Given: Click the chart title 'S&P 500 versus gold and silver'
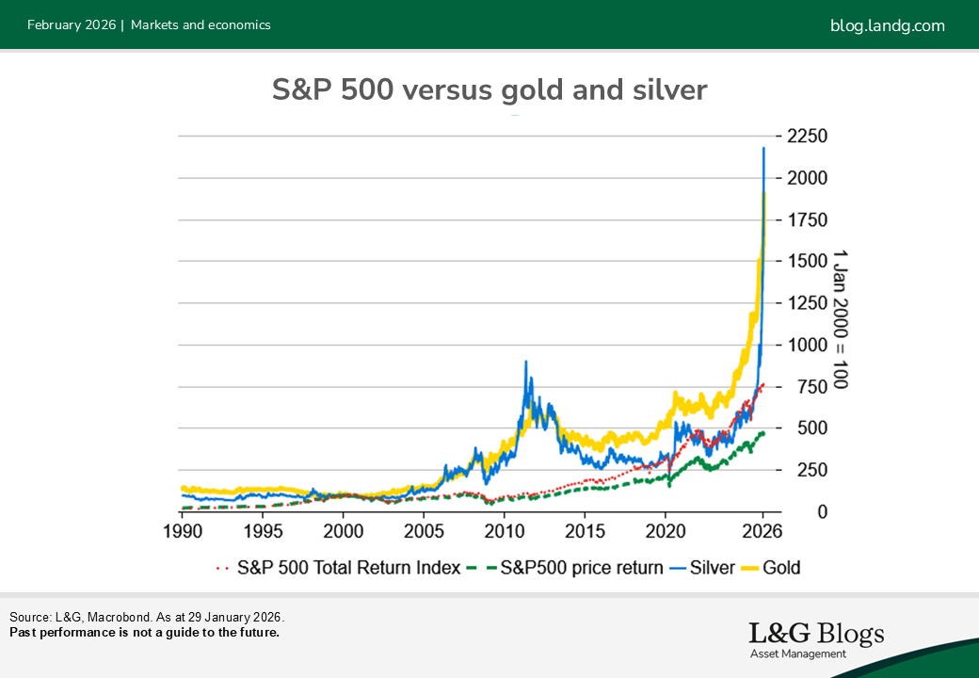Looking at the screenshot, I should pyautogui.click(x=489, y=90).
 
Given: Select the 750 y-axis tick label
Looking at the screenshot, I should pyautogui.click(x=809, y=387).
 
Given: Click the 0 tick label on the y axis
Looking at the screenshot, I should pyautogui.click(x=796, y=512).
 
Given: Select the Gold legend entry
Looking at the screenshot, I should pyautogui.click(x=774, y=568).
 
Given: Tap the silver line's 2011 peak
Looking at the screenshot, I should pyautogui.click(x=524, y=362).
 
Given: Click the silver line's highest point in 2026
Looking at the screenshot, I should pyautogui.click(x=763, y=148).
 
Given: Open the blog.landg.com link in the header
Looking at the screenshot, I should pyautogui.click(x=887, y=25).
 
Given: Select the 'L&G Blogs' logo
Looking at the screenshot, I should pyautogui.click(x=816, y=638).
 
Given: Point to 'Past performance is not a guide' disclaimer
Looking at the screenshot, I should pyautogui.click(x=144, y=632).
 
